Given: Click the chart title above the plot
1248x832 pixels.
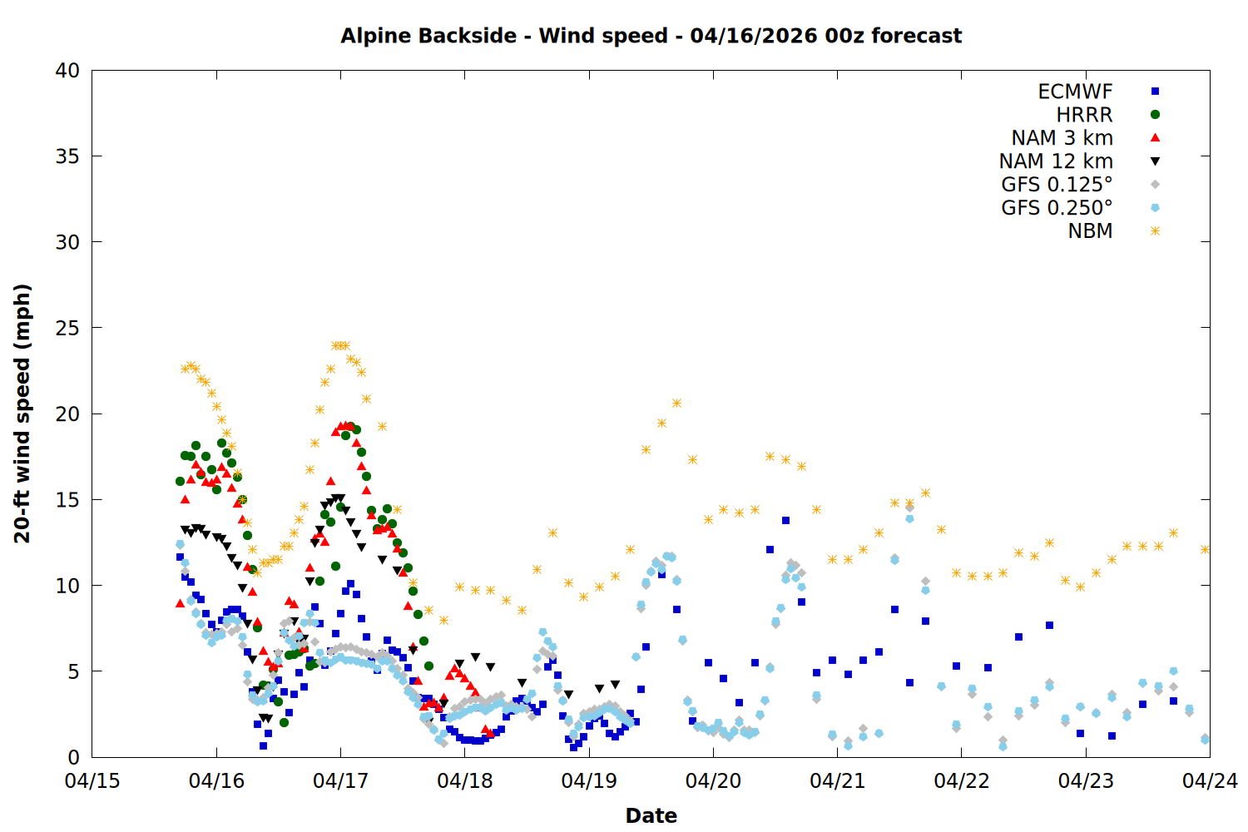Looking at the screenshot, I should click(651, 36).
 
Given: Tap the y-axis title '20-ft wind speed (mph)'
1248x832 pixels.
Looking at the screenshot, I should click(22, 414).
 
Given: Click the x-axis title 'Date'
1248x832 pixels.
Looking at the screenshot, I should click(651, 815).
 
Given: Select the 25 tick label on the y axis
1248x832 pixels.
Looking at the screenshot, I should click(67, 328).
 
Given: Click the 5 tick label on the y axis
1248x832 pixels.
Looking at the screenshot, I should click(73, 671).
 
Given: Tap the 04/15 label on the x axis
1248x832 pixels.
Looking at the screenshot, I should click(92, 781).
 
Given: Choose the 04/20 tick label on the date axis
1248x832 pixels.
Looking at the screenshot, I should click(713, 781).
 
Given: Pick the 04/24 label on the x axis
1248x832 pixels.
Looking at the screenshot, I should click(1210, 781).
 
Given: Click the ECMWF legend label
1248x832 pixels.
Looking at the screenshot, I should click(1075, 92).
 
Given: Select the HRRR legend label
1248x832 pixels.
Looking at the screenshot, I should click(1084, 115).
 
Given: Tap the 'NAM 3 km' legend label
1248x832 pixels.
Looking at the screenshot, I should click(1062, 138).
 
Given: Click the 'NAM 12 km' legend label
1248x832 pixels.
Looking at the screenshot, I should click(1056, 161).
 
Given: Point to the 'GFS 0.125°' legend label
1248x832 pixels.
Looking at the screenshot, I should click(1057, 185).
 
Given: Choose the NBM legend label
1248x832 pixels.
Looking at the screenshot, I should click(1090, 231).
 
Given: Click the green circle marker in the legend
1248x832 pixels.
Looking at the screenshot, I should click(1155, 115).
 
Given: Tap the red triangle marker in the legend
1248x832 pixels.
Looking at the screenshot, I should click(1155, 138).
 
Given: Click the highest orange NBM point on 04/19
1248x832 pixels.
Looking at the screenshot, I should click(676, 404).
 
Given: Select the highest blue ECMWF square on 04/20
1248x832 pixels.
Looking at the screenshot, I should click(785, 521).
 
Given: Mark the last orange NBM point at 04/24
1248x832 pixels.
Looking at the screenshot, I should click(1205, 549).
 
